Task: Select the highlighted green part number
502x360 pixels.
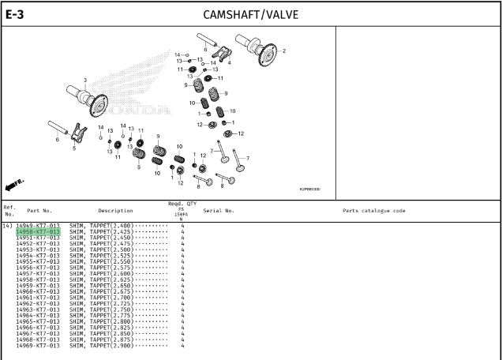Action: [38, 231]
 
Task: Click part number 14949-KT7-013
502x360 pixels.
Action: [38, 226]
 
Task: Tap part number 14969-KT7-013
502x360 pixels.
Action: [38, 346]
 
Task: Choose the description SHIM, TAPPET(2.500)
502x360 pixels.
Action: [100, 249]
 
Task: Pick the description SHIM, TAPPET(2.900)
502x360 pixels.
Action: [100, 346]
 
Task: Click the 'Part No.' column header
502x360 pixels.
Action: [39, 211]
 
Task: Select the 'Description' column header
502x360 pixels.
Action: [115, 211]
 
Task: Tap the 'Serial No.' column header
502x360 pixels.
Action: [219, 211]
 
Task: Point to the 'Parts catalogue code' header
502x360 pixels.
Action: [374, 211]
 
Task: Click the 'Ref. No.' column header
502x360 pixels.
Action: [9, 211]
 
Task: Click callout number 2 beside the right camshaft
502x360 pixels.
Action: [284, 51]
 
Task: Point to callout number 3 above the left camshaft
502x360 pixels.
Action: [85, 80]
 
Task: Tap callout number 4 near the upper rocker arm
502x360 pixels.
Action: [229, 62]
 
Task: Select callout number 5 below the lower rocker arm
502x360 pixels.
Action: [74, 148]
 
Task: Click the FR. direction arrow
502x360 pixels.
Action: [14, 185]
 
